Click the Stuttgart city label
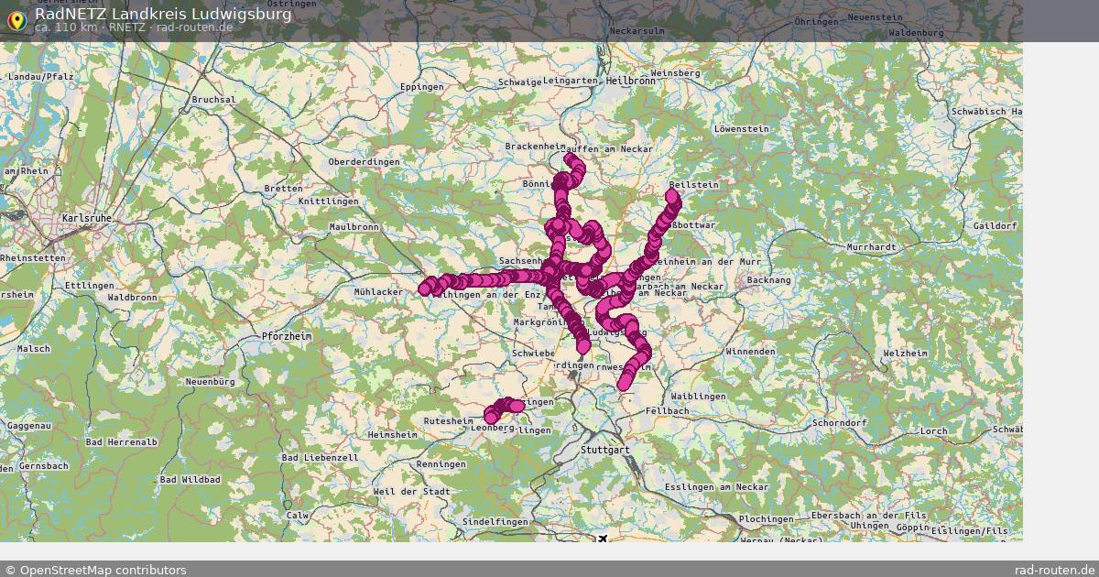click(x=605, y=451)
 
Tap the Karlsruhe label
click(x=87, y=218)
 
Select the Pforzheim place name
click(x=287, y=336)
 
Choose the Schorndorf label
click(x=838, y=423)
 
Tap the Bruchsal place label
click(x=213, y=99)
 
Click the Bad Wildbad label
click(x=190, y=479)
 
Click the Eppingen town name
click(x=421, y=87)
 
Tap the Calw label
click(x=298, y=516)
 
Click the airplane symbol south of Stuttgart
click(x=603, y=539)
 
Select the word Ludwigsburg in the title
click(x=236, y=14)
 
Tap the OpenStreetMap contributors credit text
click(x=103, y=570)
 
